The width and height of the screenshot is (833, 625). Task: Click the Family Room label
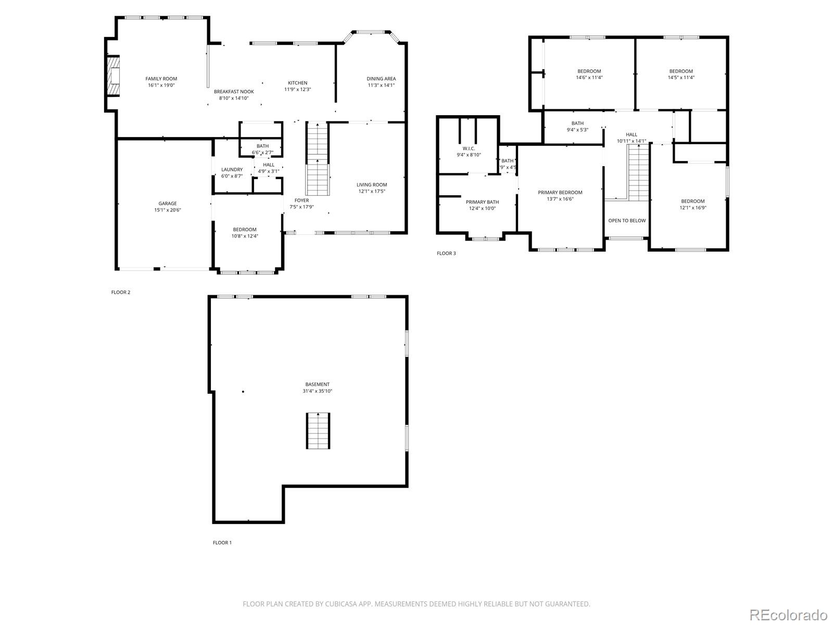[x=161, y=79]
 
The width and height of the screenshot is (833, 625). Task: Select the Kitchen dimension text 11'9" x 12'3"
[x=297, y=90]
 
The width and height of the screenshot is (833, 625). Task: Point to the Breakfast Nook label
[x=234, y=92]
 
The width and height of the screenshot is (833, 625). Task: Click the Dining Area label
[x=381, y=79]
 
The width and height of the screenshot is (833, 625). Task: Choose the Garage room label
[x=167, y=204]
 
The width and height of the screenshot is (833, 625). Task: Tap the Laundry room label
[x=232, y=169]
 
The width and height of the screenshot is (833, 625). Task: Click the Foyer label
[x=301, y=201]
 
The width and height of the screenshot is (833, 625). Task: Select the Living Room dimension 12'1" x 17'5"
[x=372, y=191]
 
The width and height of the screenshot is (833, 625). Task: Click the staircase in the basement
[x=318, y=431]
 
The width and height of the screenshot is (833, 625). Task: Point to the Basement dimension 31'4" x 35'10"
[x=317, y=391]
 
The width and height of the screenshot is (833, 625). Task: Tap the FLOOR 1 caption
[x=222, y=543]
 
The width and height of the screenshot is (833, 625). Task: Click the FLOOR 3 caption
[x=446, y=254]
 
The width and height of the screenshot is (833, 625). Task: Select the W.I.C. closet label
[x=469, y=148]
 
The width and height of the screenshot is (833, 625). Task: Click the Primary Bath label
[x=482, y=202]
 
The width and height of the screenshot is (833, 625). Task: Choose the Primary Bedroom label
[x=560, y=193]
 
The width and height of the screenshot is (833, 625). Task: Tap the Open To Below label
[x=627, y=220]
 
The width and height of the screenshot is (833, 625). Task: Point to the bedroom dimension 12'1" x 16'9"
[x=692, y=208]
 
